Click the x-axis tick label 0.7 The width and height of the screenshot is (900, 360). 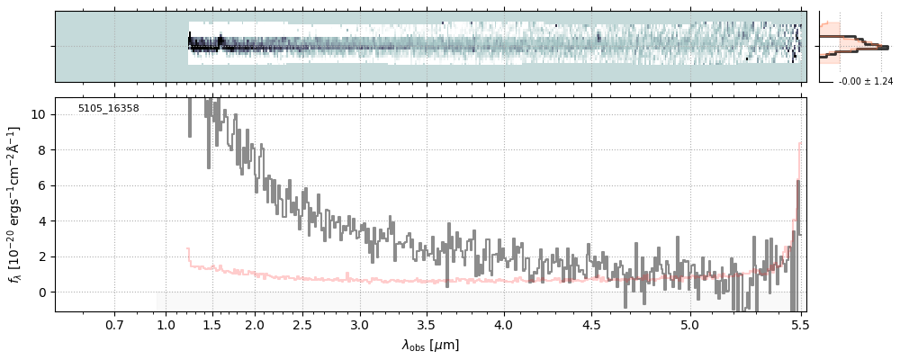(x=114, y=325)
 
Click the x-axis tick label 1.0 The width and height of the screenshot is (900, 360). (x=166, y=325)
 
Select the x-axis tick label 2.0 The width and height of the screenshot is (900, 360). (x=255, y=325)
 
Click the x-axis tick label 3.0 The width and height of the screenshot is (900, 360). (x=359, y=325)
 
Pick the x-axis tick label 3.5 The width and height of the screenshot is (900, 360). (x=427, y=325)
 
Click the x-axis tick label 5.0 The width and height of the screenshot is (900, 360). (x=689, y=325)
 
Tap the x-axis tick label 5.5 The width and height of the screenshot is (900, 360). (x=797, y=325)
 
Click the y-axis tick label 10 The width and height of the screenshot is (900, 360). (x=40, y=115)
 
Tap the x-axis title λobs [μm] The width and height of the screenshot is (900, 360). (x=430, y=345)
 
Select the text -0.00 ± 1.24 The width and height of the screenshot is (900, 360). (x=865, y=82)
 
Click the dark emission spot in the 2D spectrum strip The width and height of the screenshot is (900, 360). (x=598, y=39)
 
